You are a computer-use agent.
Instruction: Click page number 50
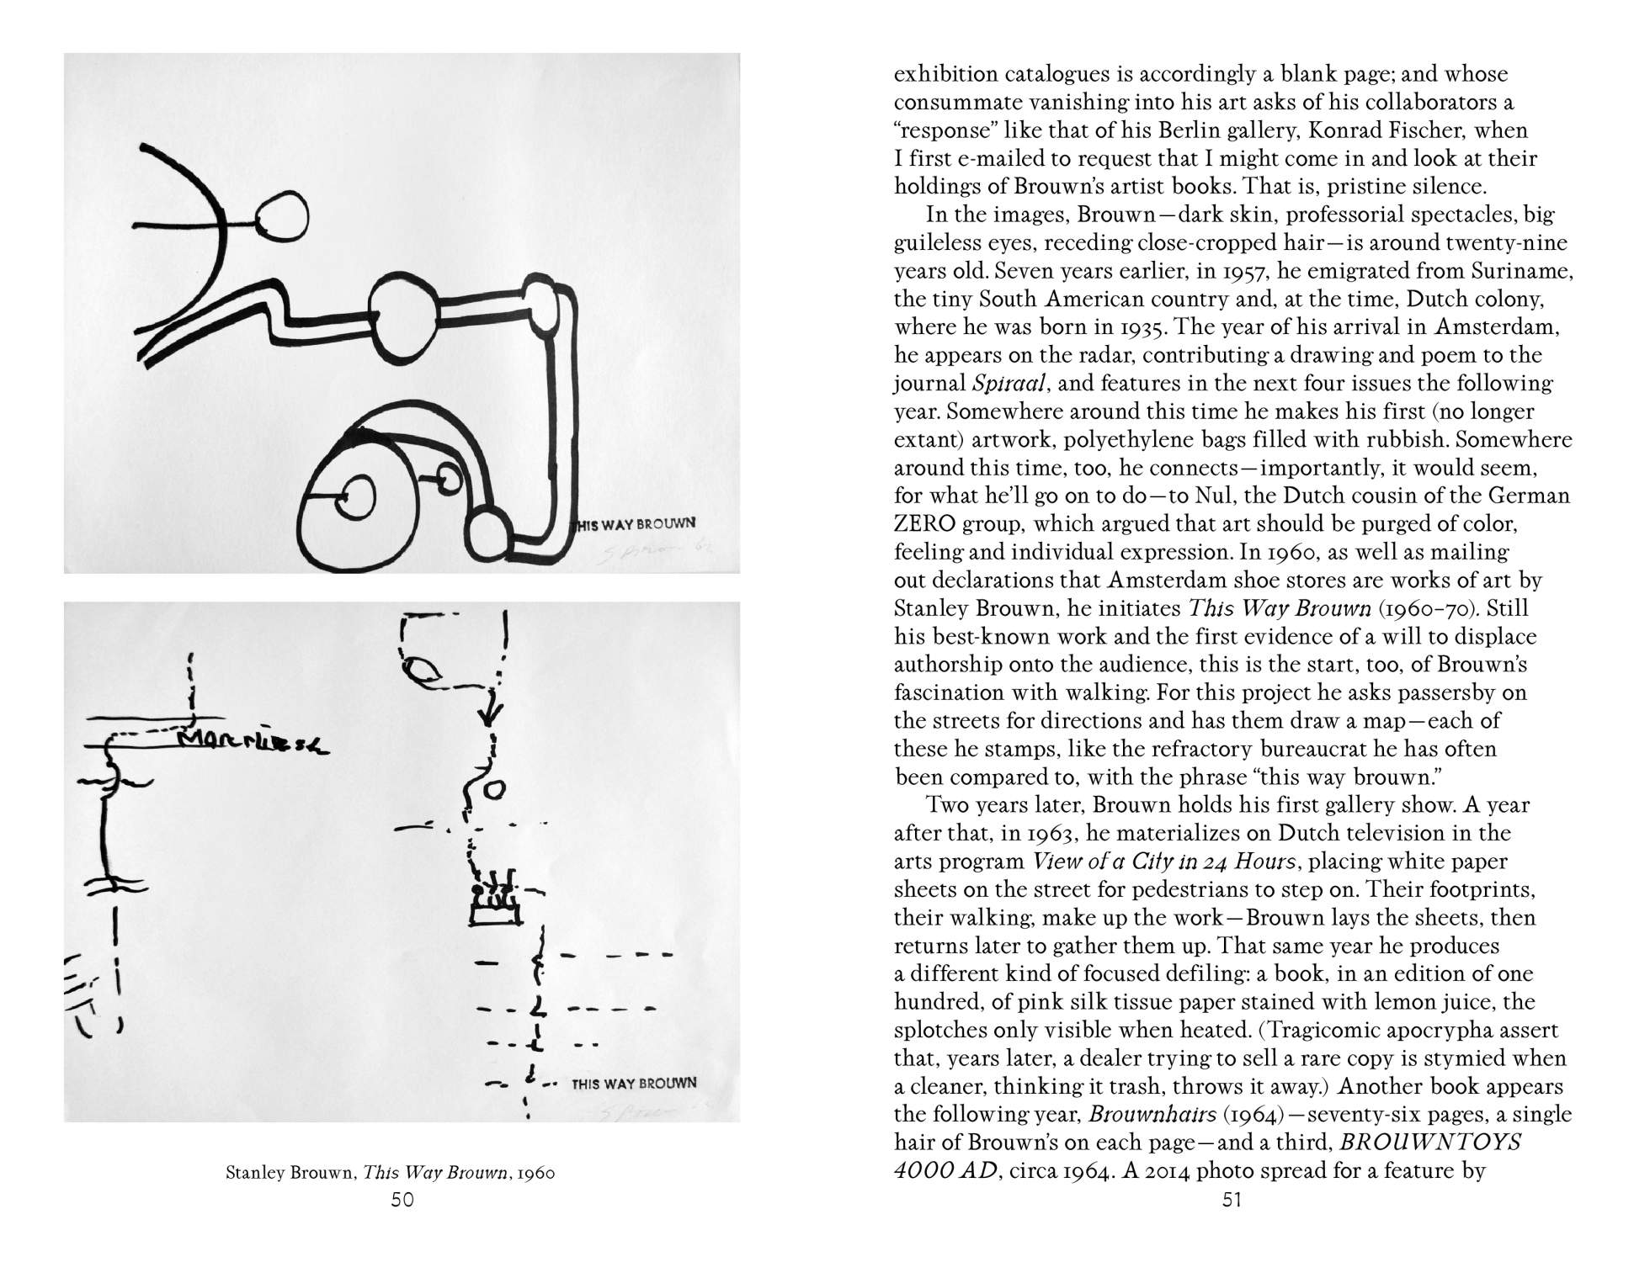click(402, 1201)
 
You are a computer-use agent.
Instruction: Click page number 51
click(1232, 1201)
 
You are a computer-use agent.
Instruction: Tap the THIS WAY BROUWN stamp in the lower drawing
click(634, 1084)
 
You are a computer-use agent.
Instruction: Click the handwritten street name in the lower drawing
click(253, 741)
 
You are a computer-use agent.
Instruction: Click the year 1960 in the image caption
click(537, 1173)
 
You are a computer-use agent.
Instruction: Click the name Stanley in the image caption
click(255, 1173)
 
